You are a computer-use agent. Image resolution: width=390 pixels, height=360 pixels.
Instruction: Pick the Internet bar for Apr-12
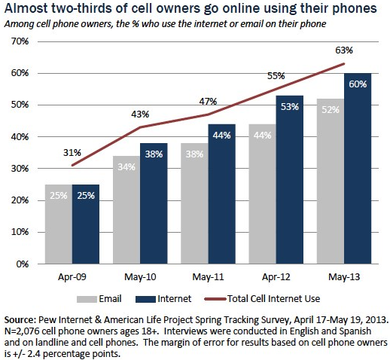(290, 180)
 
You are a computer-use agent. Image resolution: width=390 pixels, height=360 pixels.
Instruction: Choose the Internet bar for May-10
(153, 204)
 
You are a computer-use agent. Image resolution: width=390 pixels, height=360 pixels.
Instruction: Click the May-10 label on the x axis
(139, 277)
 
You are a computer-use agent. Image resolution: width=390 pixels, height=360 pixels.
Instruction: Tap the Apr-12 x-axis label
(276, 277)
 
